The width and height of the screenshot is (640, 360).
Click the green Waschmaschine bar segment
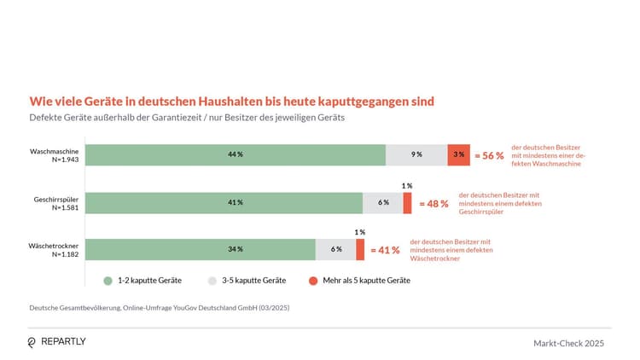(x=235, y=154)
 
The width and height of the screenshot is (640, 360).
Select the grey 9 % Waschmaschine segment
(x=416, y=154)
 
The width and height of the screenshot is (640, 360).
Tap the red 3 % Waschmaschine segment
(x=459, y=154)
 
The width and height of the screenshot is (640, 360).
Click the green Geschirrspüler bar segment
(x=224, y=202)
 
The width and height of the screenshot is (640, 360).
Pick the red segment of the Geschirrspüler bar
(x=407, y=202)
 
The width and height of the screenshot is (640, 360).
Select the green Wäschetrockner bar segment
(x=201, y=249)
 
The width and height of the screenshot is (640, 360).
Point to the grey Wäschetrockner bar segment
(x=336, y=249)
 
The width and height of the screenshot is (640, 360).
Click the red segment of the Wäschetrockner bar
(x=360, y=249)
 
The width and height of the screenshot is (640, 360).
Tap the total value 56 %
(x=489, y=155)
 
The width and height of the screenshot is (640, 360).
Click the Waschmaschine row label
(x=54, y=150)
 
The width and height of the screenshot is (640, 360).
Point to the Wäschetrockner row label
(x=54, y=245)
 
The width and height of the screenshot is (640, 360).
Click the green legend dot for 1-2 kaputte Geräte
(x=108, y=281)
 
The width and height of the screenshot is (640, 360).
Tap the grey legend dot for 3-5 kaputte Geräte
(x=211, y=281)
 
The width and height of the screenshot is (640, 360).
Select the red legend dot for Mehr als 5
(x=312, y=281)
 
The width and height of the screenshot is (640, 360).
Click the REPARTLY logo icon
(x=32, y=342)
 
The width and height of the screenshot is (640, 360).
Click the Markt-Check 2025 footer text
(x=568, y=343)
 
